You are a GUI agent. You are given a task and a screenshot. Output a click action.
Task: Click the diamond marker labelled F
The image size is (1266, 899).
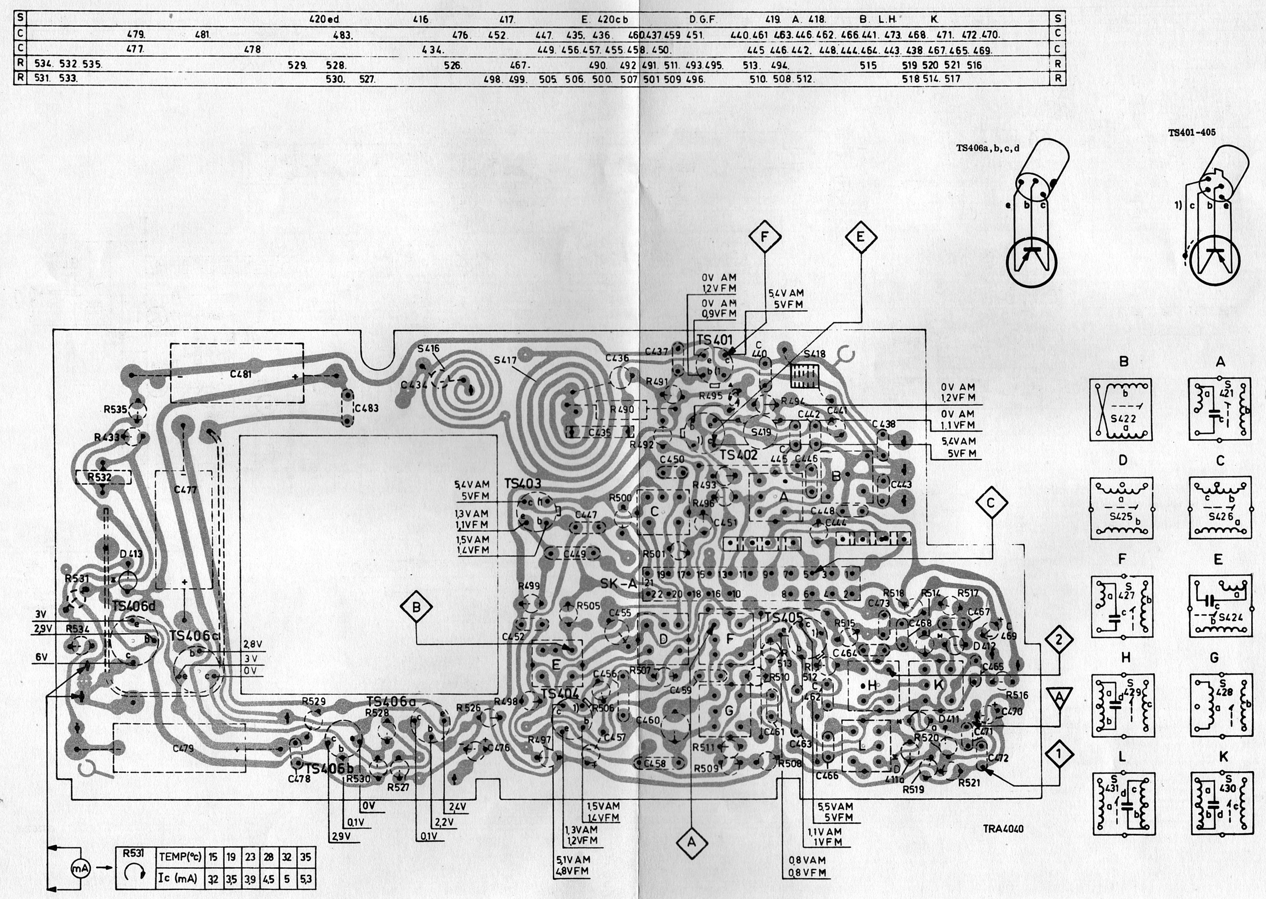coord(765,237)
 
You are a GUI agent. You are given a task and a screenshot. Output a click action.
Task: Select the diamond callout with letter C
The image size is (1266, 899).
coord(990,503)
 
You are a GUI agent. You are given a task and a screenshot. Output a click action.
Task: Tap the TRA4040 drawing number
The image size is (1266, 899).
coord(1003,829)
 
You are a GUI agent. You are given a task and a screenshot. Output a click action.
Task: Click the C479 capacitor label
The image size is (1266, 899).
coord(183,748)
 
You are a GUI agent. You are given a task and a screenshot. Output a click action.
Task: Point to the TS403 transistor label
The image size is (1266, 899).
coord(523,483)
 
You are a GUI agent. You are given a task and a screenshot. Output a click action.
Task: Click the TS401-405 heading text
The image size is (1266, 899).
coord(1192,133)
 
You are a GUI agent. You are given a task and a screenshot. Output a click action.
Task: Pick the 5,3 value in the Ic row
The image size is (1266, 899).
coord(306,879)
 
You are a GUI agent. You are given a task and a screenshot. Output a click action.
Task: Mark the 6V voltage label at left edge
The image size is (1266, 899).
coord(41,657)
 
